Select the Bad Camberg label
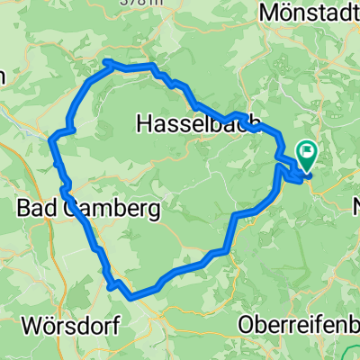pyautogui.click(x=88, y=210)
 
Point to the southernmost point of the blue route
pyautogui.click(x=131, y=295)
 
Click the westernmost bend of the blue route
pyautogui.click(x=49, y=136)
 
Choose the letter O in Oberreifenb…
pyautogui.click(x=247, y=325)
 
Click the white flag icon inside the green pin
pyautogui.click(x=308, y=152)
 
